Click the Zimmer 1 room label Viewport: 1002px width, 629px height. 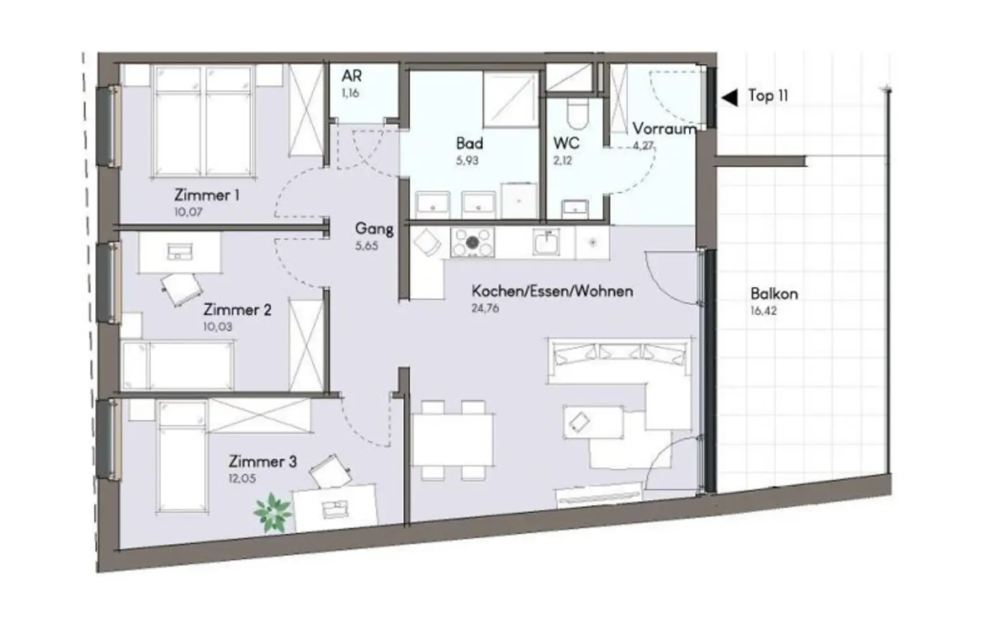tap(207, 195)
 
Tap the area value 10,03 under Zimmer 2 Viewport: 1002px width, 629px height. tap(217, 327)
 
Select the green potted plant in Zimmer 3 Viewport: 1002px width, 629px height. tap(273, 513)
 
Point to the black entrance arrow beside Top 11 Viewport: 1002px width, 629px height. tap(730, 97)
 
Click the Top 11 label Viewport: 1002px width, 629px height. tap(768, 95)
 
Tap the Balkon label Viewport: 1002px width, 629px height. tap(774, 294)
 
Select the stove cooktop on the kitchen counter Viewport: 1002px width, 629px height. tap(472, 243)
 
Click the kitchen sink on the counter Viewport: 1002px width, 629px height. tap(545, 243)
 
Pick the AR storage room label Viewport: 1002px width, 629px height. tap(352, 76)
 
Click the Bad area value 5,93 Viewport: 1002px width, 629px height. tap(467, 160)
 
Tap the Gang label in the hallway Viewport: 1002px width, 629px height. tap(374, 229)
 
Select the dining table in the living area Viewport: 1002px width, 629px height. tap(453, 440)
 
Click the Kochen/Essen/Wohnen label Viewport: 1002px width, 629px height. tap(553, 291)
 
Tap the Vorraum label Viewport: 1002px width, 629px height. tap(664, 129)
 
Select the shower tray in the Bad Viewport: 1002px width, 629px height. tap(510, 99)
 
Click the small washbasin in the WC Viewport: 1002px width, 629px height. tap(575, 207)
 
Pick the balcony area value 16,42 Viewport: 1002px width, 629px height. tap(764, 311)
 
